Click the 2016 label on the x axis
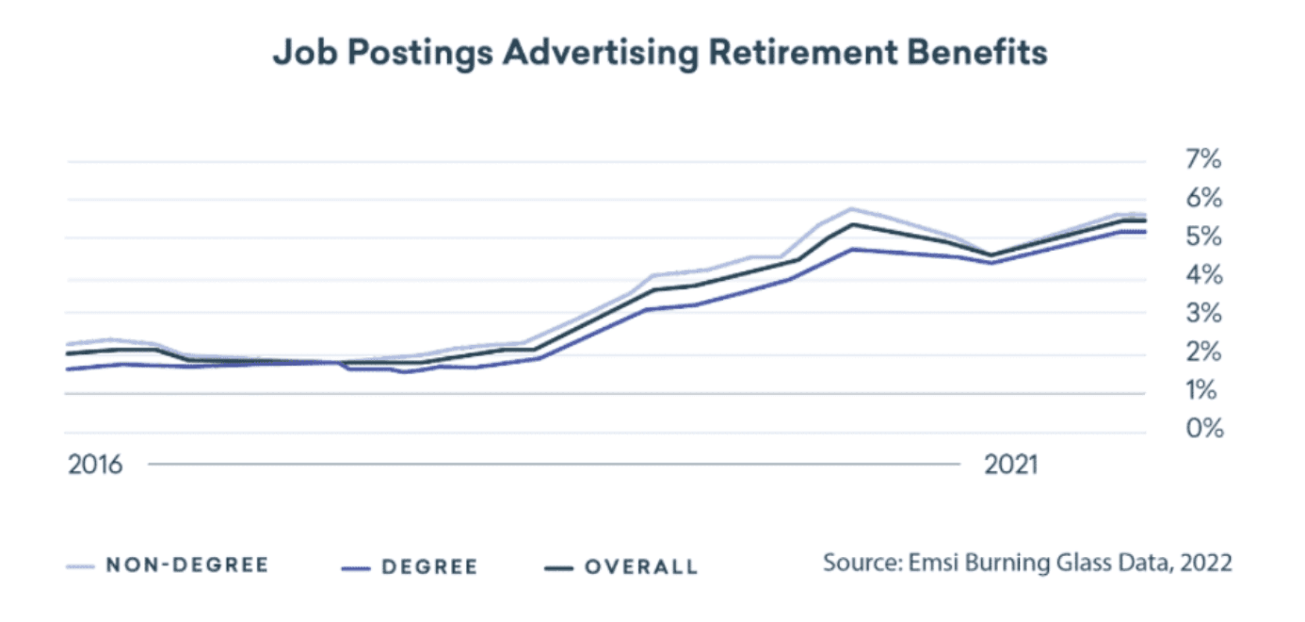95,465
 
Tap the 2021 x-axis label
1010,465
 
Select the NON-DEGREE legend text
187,565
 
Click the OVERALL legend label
641,566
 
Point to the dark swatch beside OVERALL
559,567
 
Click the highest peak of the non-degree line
851,208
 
